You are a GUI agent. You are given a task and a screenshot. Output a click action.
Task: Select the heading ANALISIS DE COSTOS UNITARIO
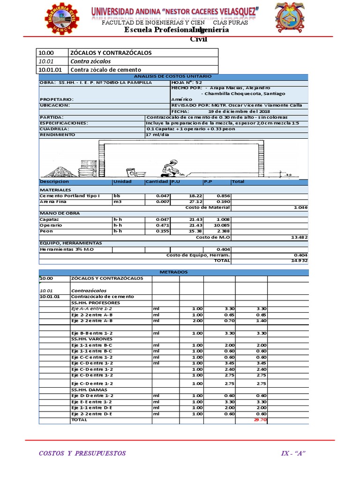click(172, 76)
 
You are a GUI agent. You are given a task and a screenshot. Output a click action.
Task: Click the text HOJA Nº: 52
click(187, 82)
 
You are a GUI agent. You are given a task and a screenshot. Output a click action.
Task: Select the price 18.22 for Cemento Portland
click(195, 195)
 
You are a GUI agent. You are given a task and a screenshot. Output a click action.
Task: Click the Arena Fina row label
click(53, 202)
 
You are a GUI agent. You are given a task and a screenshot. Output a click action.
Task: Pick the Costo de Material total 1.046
click(300, 207)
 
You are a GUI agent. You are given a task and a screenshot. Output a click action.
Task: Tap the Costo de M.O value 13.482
click(299, 237)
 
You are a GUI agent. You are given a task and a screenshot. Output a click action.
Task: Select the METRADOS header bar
click(173, 271)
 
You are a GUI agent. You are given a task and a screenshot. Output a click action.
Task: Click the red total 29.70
click(259, 420)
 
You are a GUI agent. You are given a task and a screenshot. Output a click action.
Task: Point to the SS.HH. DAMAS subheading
click(89, 390)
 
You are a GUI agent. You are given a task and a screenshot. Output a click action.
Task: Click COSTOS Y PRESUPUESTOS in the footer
click(82, 453)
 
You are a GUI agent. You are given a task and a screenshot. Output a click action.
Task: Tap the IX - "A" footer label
click(293, 453)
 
